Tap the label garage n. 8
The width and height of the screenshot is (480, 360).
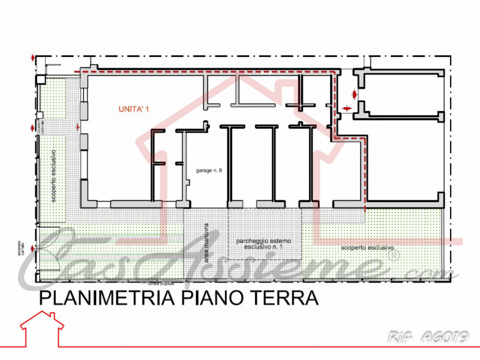(x=209, y=171)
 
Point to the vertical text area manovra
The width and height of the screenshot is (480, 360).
(x=206, y=238)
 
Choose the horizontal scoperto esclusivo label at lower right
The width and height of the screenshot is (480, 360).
(x=367, y=247)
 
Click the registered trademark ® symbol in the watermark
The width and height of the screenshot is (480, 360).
(x=394, y=254)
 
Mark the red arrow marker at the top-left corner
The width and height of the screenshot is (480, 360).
(x=34, y=59)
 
